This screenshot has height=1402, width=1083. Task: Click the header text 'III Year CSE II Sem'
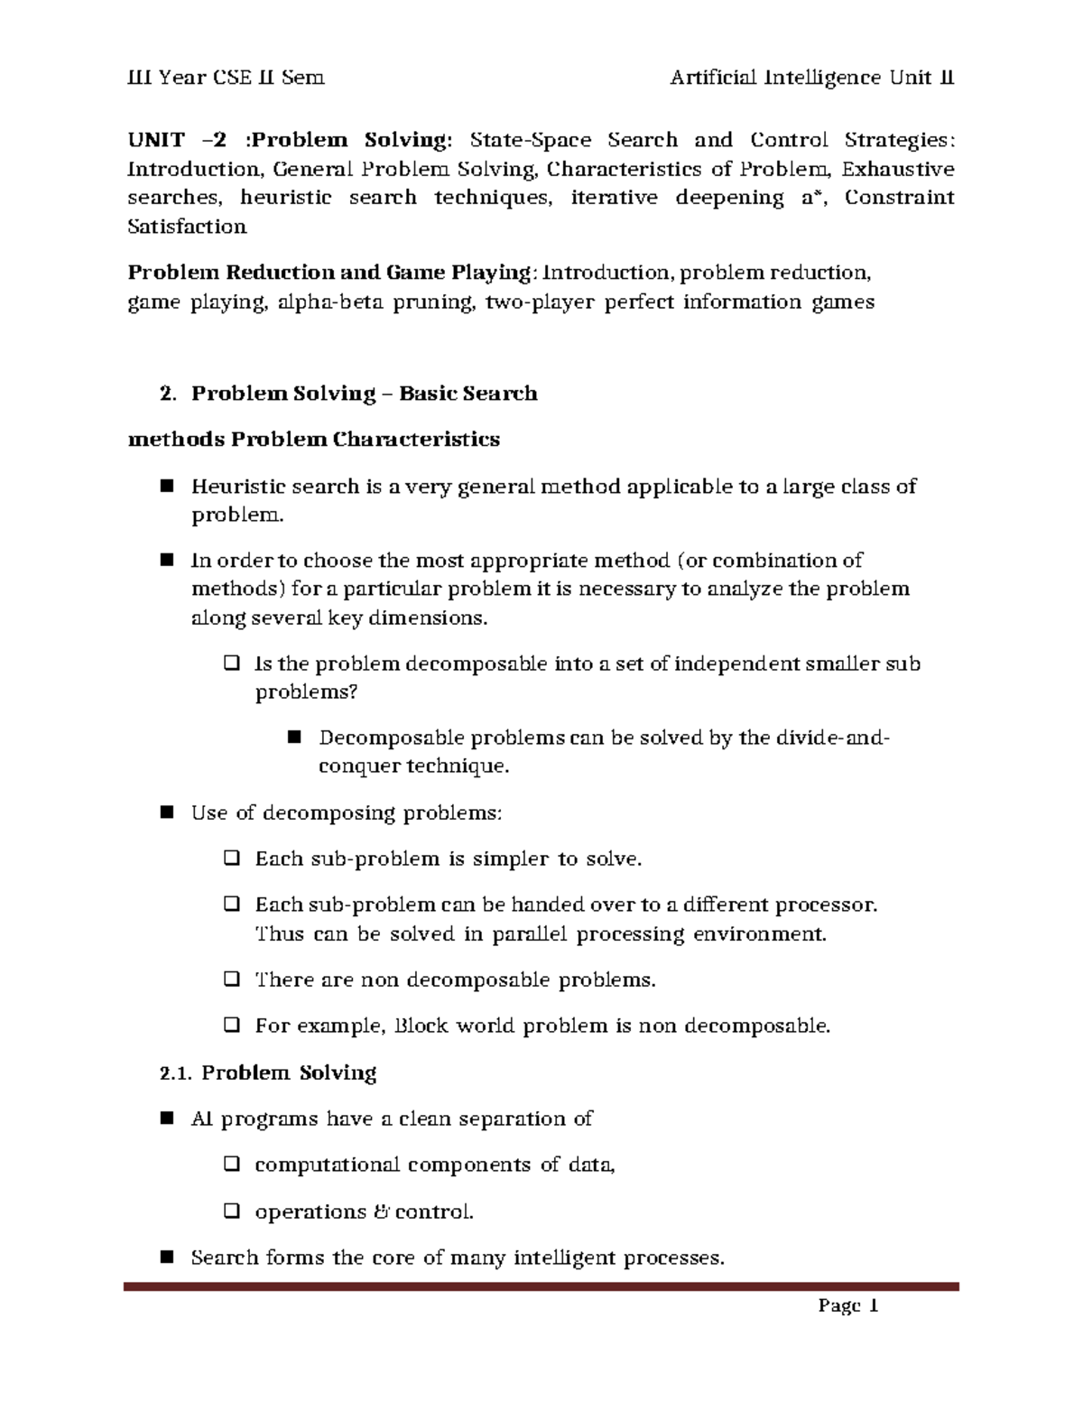click(225, 78)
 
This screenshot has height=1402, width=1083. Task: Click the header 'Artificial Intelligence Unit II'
click(811, 78)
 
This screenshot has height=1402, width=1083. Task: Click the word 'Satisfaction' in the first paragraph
click(187, 227)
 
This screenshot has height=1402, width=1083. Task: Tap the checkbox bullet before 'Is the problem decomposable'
click(230, 664)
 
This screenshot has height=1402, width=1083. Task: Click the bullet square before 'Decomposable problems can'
click(293, 738)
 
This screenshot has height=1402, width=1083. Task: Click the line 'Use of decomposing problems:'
click(346, 812)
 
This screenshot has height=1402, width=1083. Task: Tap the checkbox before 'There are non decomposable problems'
click(230, 980)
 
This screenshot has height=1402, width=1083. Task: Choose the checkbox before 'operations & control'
click(230, 1212)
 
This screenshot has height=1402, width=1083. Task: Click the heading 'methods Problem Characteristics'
click(314, 440)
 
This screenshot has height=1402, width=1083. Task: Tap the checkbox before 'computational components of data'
click(230, 1165)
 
